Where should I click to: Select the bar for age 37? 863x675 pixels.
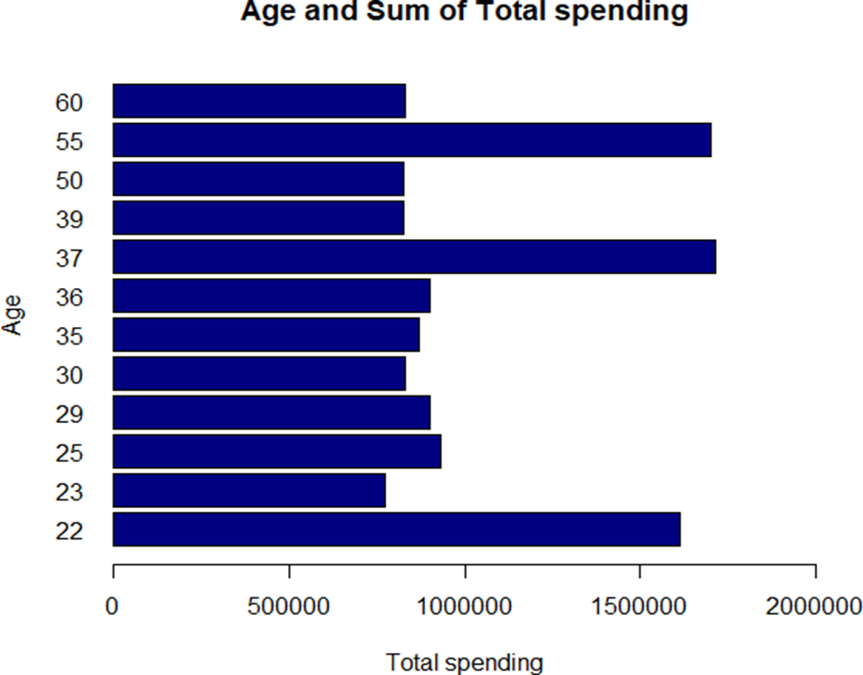pos(414,257)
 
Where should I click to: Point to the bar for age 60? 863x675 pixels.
pos(260,101)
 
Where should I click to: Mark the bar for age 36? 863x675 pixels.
pos(272,295)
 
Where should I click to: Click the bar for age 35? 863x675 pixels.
pos(266,334)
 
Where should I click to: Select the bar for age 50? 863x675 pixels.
pos(259,178)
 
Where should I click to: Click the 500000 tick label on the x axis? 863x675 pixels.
pos(289,607)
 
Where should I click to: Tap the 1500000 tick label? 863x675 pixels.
pos(640,607)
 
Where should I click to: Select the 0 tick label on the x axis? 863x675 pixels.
pos(113,607)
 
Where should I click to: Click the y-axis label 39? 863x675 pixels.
pos(69,220)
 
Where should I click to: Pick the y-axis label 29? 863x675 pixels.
pos(69,414)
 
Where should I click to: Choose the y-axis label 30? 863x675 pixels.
pos(69,375)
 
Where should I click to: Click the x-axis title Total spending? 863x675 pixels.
pos(464,662)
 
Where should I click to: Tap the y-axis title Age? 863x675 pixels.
pos(13,315)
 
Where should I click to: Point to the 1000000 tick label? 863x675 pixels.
pos(465,607)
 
